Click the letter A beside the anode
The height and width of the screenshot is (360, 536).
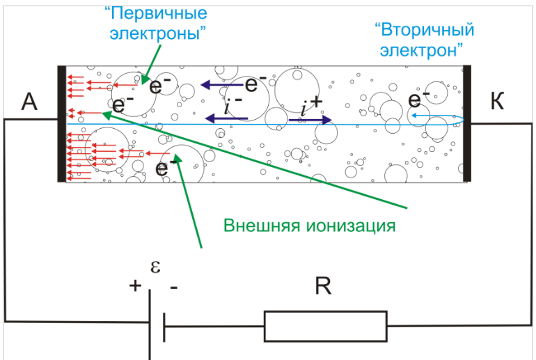pyautogui.click(x=29, y=102)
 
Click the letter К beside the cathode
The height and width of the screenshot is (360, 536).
pyautogui.click(x=497, y=102)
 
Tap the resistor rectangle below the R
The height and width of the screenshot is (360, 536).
pyautogui.click(x=325, y=326)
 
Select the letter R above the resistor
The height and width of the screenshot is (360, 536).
pyautogui.click(x=323, y=286)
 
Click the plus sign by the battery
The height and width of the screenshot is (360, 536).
pyautogui.click(x=134, y=285)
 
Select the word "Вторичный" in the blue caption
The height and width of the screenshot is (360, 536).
pyautogui.click(x=425, y=30)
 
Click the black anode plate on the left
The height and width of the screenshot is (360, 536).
pyautogui.click(x=62, y=123)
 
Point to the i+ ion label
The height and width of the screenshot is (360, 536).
pyautogui.click(x=312, y=105)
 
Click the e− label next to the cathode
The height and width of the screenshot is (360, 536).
pyautogui.click(x=418, y=100)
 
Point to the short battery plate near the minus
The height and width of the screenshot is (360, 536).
pyautogui.click(x=164, y=326)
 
